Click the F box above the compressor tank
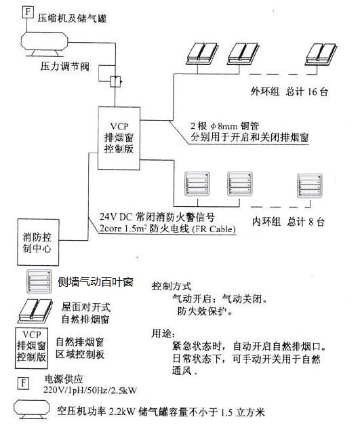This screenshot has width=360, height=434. click(27, 12)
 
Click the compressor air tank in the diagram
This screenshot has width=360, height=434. click(45, 43)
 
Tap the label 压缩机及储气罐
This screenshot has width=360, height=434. click(72, 18)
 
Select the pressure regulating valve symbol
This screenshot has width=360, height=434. click(115, 81)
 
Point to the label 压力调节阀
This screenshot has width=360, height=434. click(65, 66)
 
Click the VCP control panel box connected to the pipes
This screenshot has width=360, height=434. click(119, 138)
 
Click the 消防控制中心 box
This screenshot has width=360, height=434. click(38, 242)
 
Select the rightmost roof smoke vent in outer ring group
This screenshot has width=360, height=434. click(321, 54)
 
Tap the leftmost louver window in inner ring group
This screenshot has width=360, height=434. click(197, 184)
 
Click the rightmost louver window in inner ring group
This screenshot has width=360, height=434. click(309, 185)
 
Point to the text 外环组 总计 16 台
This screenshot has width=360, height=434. click(289, 92)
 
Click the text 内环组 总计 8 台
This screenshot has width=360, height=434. click(288, 222)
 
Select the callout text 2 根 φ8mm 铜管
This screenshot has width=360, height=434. click(224, 126)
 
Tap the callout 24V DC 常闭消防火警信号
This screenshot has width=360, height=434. click(157, 217)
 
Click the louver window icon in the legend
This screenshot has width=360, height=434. click(39, 281)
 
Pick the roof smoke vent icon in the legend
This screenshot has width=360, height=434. click(35, 311)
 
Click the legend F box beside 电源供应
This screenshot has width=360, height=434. click(23, 383)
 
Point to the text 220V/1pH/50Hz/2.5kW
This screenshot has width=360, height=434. click(90, 391)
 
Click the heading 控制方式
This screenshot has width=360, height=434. click(172, 286)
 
